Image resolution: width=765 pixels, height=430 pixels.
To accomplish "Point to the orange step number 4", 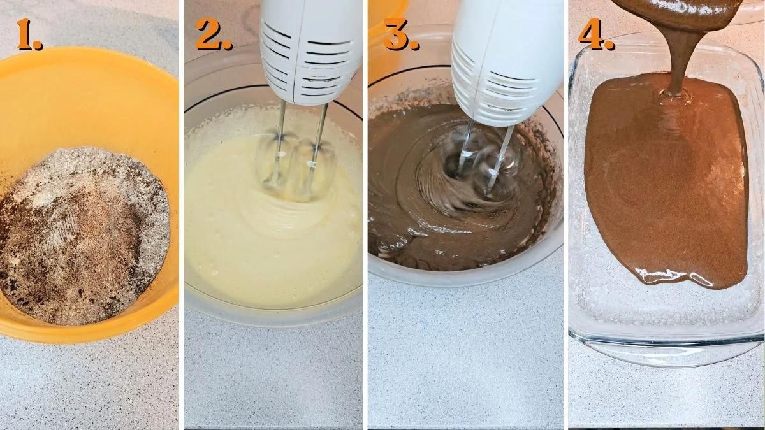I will point(597,34).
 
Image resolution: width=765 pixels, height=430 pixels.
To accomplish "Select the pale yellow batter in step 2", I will point(255,248).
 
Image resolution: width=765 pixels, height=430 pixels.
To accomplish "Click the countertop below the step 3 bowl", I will point(465,357).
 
